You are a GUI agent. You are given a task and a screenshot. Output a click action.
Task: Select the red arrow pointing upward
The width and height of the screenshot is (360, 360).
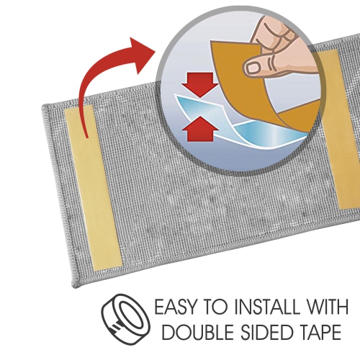[x=198, y=130]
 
